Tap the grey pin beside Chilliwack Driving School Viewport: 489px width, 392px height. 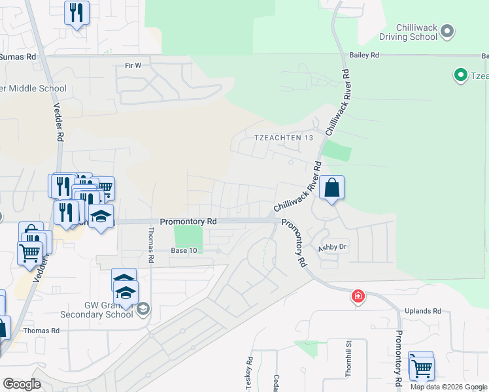[x=448, y=31]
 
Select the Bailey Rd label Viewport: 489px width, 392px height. [x=364, y=56]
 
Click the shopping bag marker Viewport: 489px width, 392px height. [x=331, y=188]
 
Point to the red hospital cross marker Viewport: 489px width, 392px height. [x=358, y=297]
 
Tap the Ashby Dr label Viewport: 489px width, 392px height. [x=331, y=248]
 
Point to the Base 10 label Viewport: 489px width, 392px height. [x=184, y=251]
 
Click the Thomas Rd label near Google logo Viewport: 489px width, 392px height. [x=41, y=331]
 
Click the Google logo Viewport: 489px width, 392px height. [x=22, y=384]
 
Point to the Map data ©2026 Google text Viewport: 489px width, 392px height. [x=448, y=387]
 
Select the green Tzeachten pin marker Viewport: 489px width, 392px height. [x=460, y=76]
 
